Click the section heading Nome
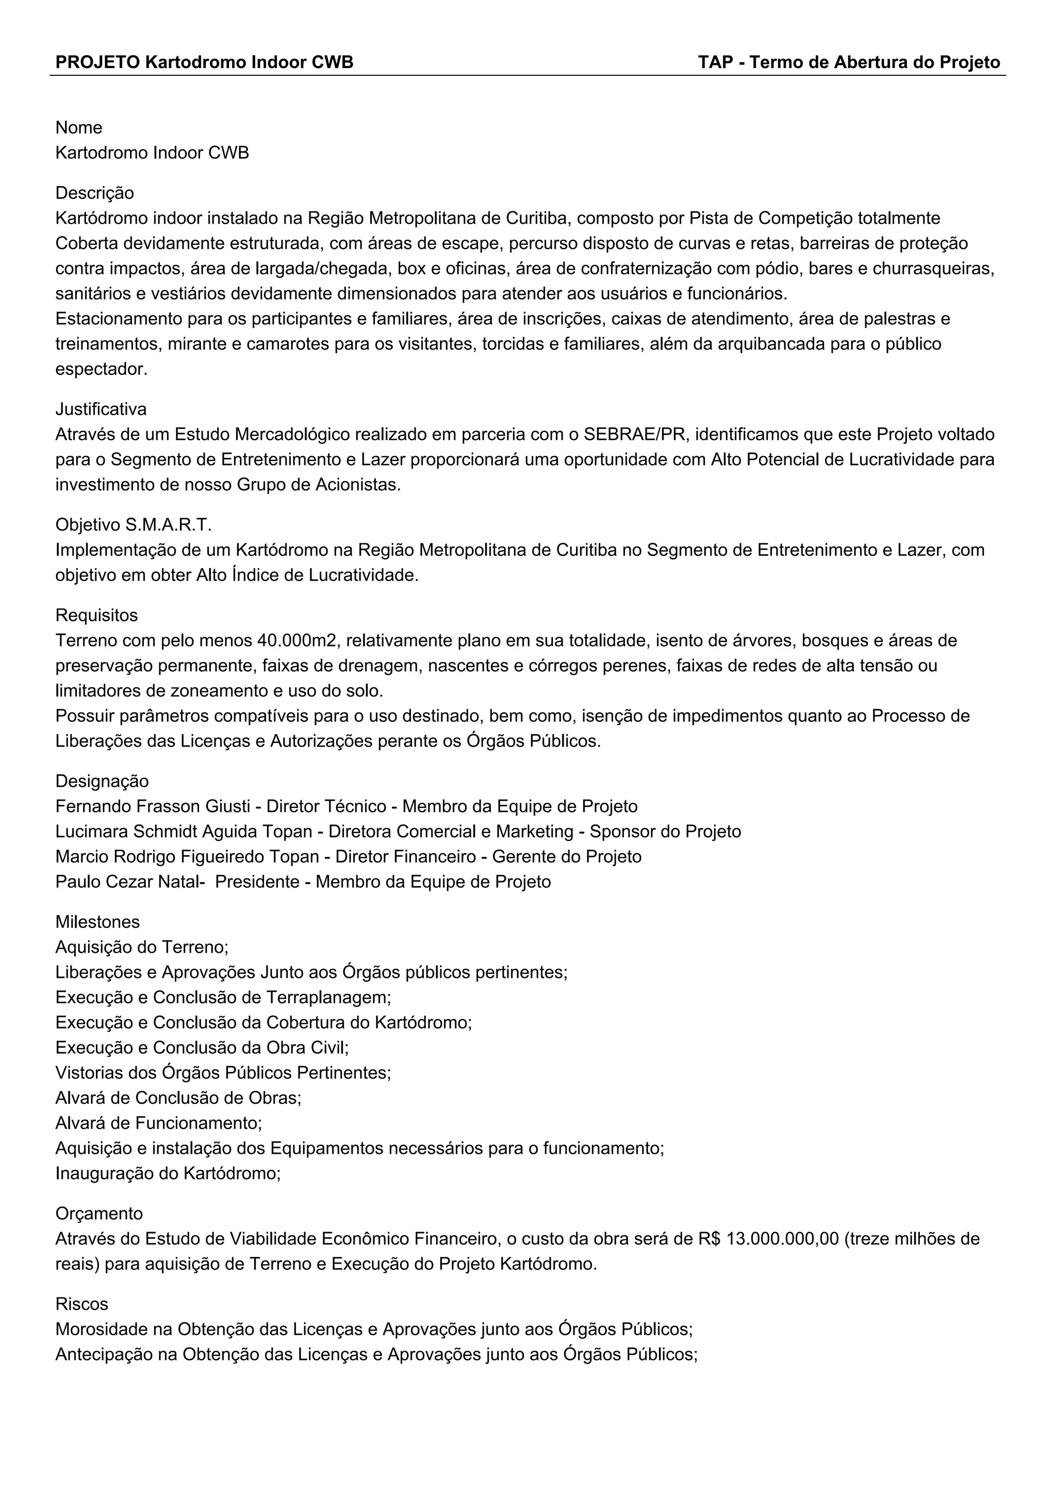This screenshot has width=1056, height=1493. click(x=79, y=127)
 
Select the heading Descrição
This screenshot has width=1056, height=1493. click(x=95, y=193)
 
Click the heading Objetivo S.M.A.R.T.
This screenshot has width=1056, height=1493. click(x=134, y=525)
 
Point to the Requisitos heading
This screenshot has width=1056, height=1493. click(x=96, y=615)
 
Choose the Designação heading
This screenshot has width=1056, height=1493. click(x=102, y=781)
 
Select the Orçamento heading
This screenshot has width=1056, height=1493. click(x=99, y=1214)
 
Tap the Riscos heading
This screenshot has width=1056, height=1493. click(x=82, y=1304)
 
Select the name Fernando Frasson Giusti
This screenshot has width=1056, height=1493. click(x=153, y=806)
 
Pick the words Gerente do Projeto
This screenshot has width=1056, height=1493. click(x=566, y=856)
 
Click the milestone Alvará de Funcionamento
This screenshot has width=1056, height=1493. click(x=158, y=1123)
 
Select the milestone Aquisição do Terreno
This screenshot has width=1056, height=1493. click(x=142, y=947)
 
